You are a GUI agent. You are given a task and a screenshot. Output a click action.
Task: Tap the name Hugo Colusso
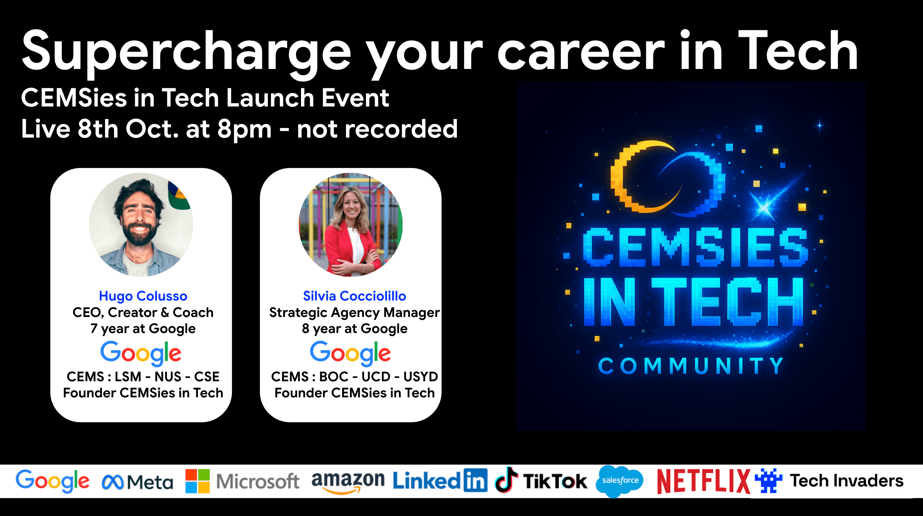143,296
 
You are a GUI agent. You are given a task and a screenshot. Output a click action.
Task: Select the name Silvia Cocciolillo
354,296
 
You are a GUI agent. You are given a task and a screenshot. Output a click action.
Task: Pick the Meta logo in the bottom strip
138,482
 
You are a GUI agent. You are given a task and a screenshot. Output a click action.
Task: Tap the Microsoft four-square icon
197,481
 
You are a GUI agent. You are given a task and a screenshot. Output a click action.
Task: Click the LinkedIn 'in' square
475,480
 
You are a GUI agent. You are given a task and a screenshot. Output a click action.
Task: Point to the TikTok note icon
506,480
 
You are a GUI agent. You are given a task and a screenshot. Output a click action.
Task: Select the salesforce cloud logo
620,481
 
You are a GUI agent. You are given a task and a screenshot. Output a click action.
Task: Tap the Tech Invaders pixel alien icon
768,481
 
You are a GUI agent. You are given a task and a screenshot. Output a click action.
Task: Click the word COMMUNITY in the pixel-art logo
691,366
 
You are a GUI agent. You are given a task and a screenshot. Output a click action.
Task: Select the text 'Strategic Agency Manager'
354,313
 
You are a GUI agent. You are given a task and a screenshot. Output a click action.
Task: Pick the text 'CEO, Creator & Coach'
143,312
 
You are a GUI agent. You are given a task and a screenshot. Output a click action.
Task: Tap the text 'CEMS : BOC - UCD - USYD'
354,377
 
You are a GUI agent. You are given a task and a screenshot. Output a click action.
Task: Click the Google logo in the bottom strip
52,481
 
